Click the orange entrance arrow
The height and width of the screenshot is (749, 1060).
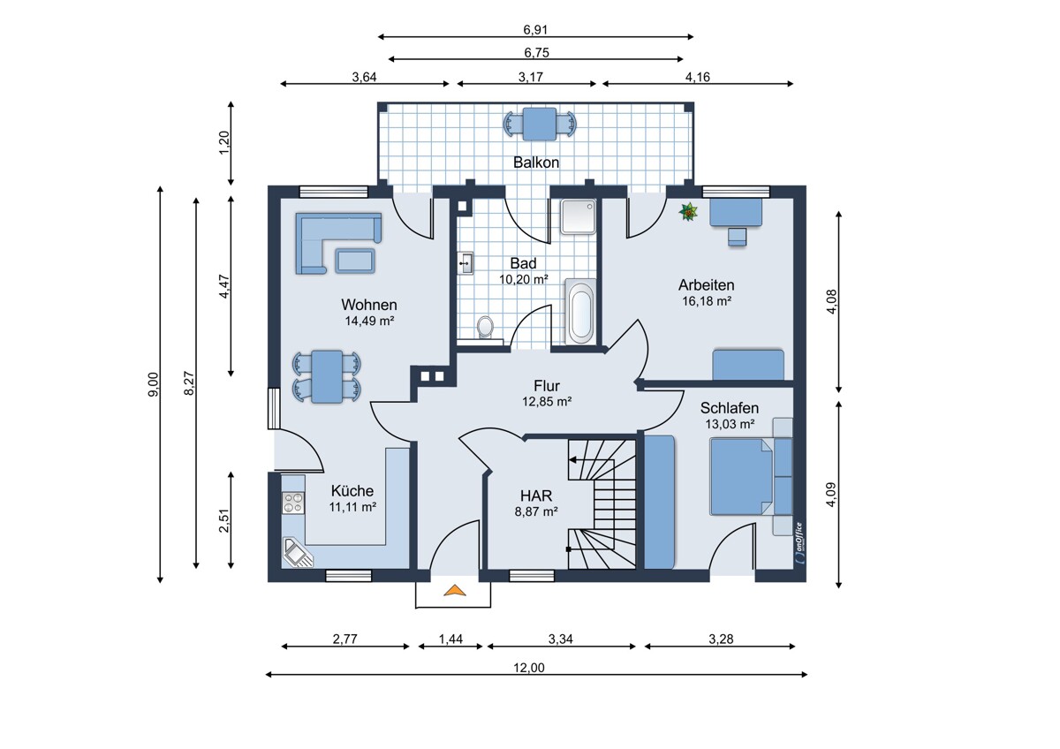point(455,590)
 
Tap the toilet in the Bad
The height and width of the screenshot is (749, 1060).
point(485,327)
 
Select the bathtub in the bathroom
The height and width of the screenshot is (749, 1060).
point(580,311)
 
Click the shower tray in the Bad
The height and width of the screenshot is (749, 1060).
point(578,216)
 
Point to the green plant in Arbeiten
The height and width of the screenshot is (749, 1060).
point(688,211)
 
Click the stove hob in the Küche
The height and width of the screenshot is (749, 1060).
point(293,503)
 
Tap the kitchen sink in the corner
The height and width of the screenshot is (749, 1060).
point(298,552)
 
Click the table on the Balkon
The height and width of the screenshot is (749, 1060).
point(540,124)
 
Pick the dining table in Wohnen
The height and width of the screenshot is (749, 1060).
point(327,376)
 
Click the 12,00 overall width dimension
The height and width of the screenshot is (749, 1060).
point(528,668)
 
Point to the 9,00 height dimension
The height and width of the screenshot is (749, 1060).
point(154,384)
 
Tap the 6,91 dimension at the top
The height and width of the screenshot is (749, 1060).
point(535,30)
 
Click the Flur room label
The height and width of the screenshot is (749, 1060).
point(547,386)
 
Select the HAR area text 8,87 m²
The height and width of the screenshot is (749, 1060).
point(536,511)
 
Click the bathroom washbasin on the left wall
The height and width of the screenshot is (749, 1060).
point(466,263)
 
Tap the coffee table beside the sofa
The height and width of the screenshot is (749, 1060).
point(355,261)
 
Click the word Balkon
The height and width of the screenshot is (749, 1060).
point(536,163)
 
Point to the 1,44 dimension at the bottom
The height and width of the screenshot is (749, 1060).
point(450,639)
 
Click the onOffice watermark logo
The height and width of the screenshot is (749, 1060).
point(799,542)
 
